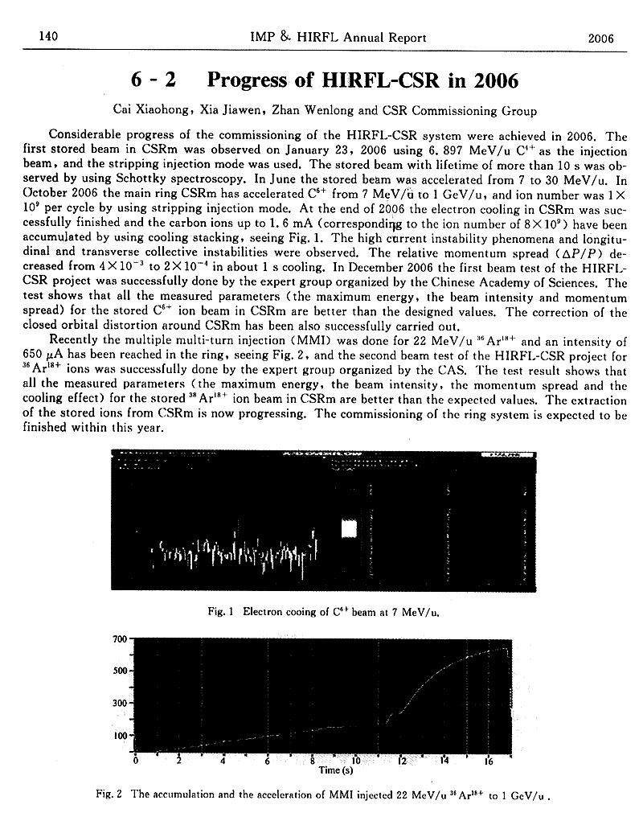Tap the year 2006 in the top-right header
click(x=600, y=37)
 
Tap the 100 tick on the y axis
click(x=121, y=735)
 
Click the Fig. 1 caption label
click(x=219, y=611)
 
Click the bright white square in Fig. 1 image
click(x=350, y=528)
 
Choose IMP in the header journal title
click(x=263, y=37)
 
